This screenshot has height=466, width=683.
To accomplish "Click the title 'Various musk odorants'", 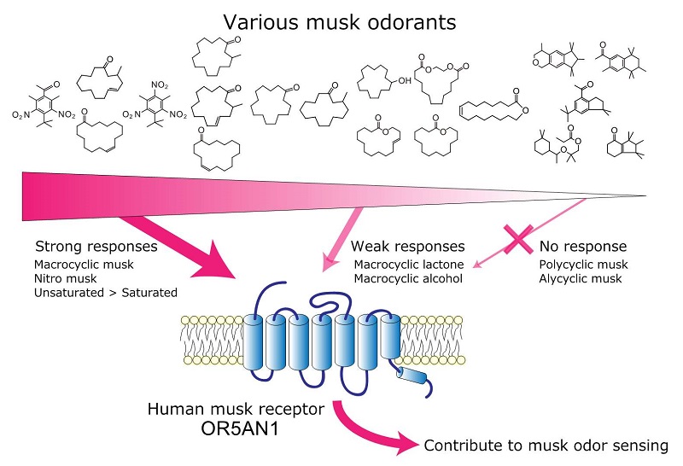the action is click(x=340, y=22).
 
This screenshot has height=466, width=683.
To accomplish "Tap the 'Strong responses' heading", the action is click(x=96, y=247).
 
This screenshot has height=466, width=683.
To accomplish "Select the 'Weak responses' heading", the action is click(x=408, y=247).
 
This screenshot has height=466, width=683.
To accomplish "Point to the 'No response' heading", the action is click(x=583, y=247).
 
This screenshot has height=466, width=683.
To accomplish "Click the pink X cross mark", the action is click(x=518, y=239).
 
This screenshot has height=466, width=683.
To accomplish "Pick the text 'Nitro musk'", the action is click(x=66, y=278).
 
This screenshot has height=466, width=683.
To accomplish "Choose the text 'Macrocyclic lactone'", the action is click(x=409, y=265).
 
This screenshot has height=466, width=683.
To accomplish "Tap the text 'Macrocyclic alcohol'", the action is click(x=408, y=278).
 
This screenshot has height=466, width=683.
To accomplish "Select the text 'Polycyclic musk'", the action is click(x=583, y=265).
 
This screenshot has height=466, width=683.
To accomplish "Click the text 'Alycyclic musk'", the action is click(x=581, y=278).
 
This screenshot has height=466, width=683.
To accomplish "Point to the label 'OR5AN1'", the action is click(x=240, y=428).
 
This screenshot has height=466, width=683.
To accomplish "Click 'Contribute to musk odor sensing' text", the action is click(x=546, y=446).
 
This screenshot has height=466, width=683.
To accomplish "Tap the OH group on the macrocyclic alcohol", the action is click(x=405, y=80).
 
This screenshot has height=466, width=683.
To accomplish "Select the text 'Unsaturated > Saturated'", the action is click(x=105, y=293).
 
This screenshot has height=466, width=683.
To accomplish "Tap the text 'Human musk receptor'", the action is click(x=236, y=409).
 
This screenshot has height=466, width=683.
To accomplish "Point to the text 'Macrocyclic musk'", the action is click(x=84, y=265).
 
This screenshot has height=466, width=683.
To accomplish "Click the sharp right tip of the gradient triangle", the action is click(x=646, y=196).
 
